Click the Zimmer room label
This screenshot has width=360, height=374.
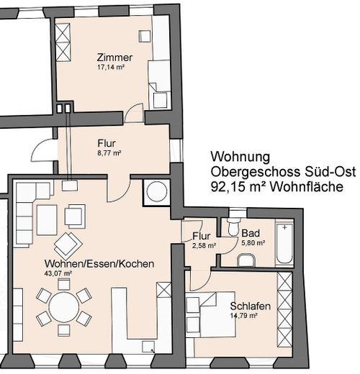pyautogui.click(x=114, y=58)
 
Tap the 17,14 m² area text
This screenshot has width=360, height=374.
pyautogui.click(x=110, y=67)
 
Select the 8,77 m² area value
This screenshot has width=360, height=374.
pyautogui.click(x=109, y=153)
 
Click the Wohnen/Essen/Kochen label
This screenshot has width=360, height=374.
pyautogui.click(x=99, y=264)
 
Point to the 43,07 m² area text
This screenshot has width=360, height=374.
pyautogui.click(x=58, y=273)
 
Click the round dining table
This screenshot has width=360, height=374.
pyautogui.click(x=64, y=307)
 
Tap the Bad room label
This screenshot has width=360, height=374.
pyautogui.click(x=251, y=233)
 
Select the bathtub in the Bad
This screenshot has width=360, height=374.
pyautogui.click(x=284, y=243)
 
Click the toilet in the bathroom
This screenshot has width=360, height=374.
pyautogui.click(x=233, y=227)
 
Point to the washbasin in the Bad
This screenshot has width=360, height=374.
pyautogui.click(x=246, y=260)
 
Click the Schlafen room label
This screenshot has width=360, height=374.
pyautogui.click(x=251, y=306)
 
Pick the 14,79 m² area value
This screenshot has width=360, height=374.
pyautogui.click(x=244, y=316)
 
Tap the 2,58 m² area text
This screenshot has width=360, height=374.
pyautogui.click(x=204, y=245)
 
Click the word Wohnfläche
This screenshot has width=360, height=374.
pyautogui.click(x=307, y=186)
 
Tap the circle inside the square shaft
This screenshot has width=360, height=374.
pyautogui.click(x=157, y=192)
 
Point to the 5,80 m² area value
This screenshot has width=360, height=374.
pyautogui.click(x=253, y=243)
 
